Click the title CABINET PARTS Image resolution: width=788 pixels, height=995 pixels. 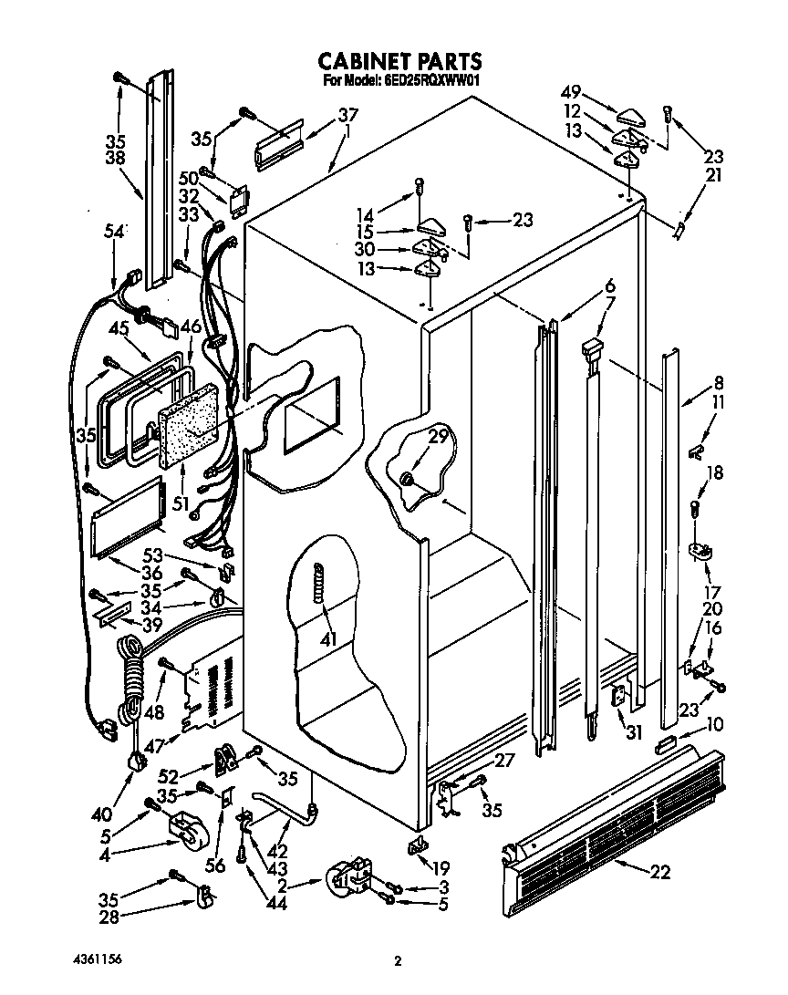(399, 61)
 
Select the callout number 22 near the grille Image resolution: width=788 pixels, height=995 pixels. (659, 872)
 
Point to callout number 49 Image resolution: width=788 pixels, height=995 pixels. (570, 93)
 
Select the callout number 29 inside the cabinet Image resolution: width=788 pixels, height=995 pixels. (438, 438)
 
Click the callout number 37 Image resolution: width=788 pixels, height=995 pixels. (347, 116)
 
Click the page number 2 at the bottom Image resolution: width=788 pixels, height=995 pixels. (397, 960)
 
